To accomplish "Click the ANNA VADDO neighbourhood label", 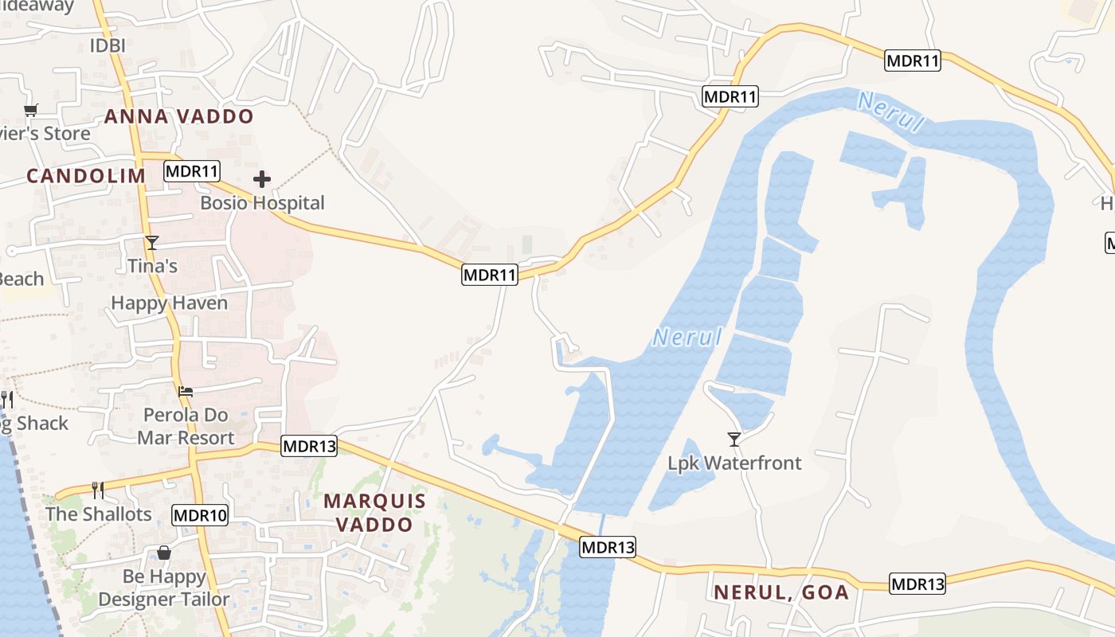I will (178, 116).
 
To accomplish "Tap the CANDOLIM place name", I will (86, 176).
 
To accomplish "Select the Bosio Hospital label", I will (262, 203).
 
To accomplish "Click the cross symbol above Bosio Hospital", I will (262, 179).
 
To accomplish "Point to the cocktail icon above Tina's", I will (152, 242).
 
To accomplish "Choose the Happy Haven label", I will (169, 303).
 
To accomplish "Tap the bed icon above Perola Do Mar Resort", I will (186, 391).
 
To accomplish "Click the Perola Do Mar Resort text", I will (186, 426).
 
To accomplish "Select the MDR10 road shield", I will (200, 515).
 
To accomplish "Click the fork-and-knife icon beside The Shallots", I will (98, 490).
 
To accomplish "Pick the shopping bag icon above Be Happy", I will (164, 553).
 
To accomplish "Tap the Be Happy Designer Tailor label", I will (164, 588).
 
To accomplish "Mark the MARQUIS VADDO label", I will (374, 513).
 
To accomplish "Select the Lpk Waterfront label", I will (734, 463).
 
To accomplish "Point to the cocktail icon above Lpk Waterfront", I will (734, 439).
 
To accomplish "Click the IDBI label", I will (108, 45).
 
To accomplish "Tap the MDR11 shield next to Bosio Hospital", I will (192, 171).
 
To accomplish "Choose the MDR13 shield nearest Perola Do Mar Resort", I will (309, 447).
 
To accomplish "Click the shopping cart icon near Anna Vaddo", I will (31, 110).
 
